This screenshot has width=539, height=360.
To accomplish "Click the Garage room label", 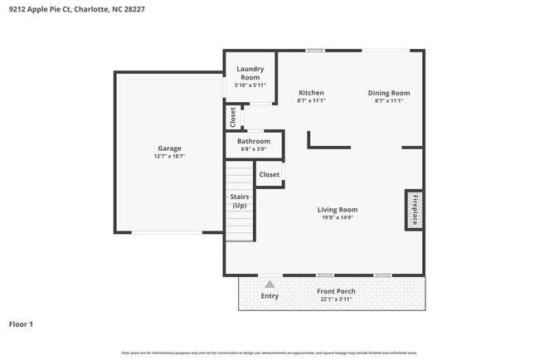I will (169, 148).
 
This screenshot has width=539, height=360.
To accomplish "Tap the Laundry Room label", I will (250, 72).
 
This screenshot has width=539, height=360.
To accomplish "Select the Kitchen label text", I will (311, 93).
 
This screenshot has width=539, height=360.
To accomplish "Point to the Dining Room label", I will (389, 93).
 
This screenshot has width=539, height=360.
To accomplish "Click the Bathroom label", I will (254, 141).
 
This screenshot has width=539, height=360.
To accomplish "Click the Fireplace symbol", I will (415, 209).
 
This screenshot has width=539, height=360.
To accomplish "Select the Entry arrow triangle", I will (269, 285).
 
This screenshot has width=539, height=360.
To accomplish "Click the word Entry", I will (269, 296).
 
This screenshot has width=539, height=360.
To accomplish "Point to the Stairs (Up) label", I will (240, 201).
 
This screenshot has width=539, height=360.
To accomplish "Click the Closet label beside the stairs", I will (269, 175).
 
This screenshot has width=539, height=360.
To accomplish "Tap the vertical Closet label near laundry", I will (233, 118).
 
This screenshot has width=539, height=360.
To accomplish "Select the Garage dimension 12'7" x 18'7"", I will (169, 157).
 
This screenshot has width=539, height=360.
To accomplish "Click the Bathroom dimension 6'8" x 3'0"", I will (254, 149).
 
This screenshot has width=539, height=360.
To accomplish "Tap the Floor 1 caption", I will (21, 324).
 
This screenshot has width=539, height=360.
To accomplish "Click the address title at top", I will (68, 11).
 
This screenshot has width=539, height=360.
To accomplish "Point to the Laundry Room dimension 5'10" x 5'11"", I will (250, 85).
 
